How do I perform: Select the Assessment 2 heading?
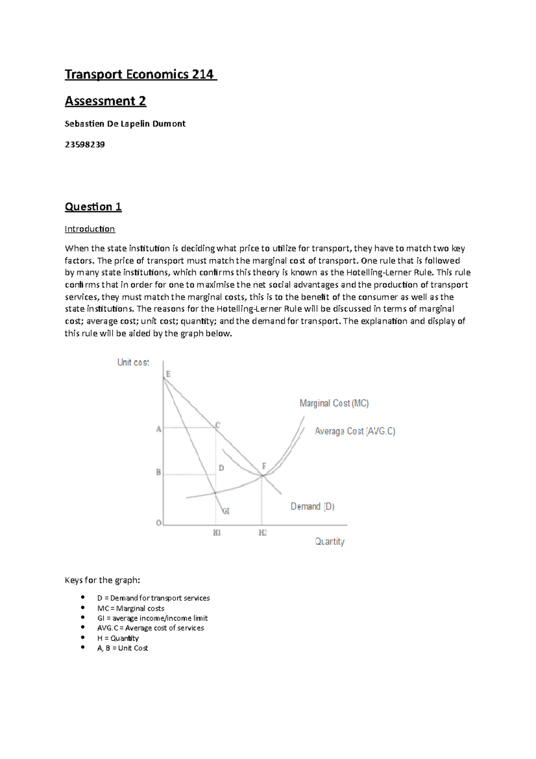point(105,101)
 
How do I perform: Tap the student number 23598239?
point(85,144)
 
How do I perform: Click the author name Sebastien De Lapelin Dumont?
point(125,124)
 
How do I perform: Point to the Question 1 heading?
point(93,207)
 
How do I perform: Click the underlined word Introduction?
point(90,229)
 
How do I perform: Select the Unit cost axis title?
point(133,363)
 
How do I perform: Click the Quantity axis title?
point(330,542)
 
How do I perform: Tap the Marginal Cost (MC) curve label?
point(334,403)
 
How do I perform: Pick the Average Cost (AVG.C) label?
point(355,431)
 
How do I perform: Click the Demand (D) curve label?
point(313,506)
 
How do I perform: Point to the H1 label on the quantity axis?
point(217,533)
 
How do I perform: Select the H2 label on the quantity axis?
point(263,533)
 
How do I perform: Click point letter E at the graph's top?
point(168,374)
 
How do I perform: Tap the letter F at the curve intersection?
point(264,466)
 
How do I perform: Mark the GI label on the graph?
point(226,511)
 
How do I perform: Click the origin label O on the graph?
point(159,523)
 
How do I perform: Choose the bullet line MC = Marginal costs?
point(130,608)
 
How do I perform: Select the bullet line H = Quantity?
point(118,638)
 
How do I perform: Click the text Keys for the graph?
point(102,580)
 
